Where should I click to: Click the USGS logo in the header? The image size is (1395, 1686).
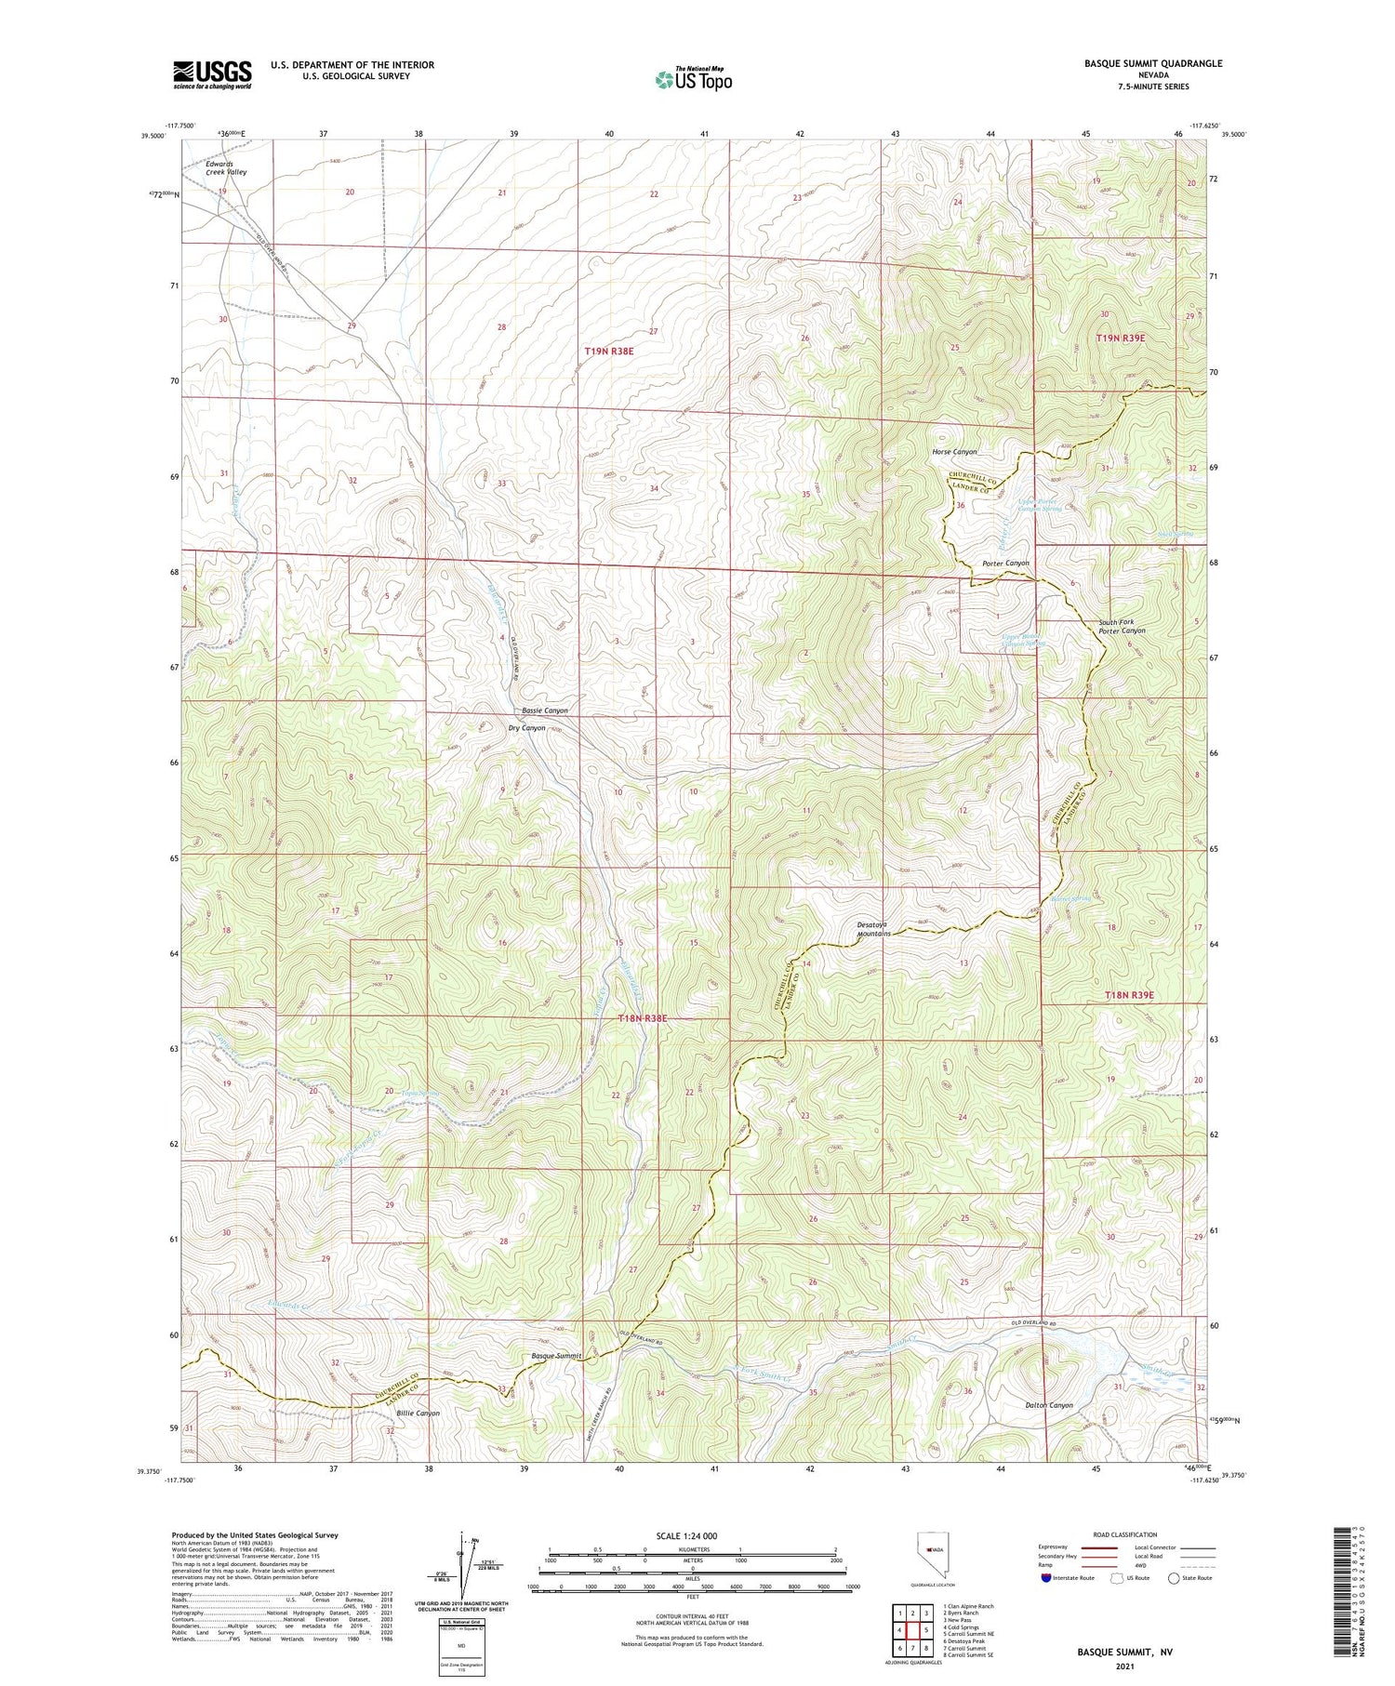click(x=212, y=74)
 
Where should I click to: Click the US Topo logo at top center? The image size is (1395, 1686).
click(x=694, y=80)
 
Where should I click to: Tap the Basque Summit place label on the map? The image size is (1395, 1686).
click(x=556, y=1356)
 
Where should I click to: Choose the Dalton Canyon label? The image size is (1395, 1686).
click(x=1048, y=1405)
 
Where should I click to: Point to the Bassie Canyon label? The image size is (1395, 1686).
click(x=538, y=710)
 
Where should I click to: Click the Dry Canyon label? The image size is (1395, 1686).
click(x=526, y=727)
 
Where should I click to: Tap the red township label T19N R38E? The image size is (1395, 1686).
click(x=609, y=351)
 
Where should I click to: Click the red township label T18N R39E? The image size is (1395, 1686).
click(x=1129, y=995)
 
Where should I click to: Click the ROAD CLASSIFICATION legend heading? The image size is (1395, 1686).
click(x=1125, y=1534)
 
